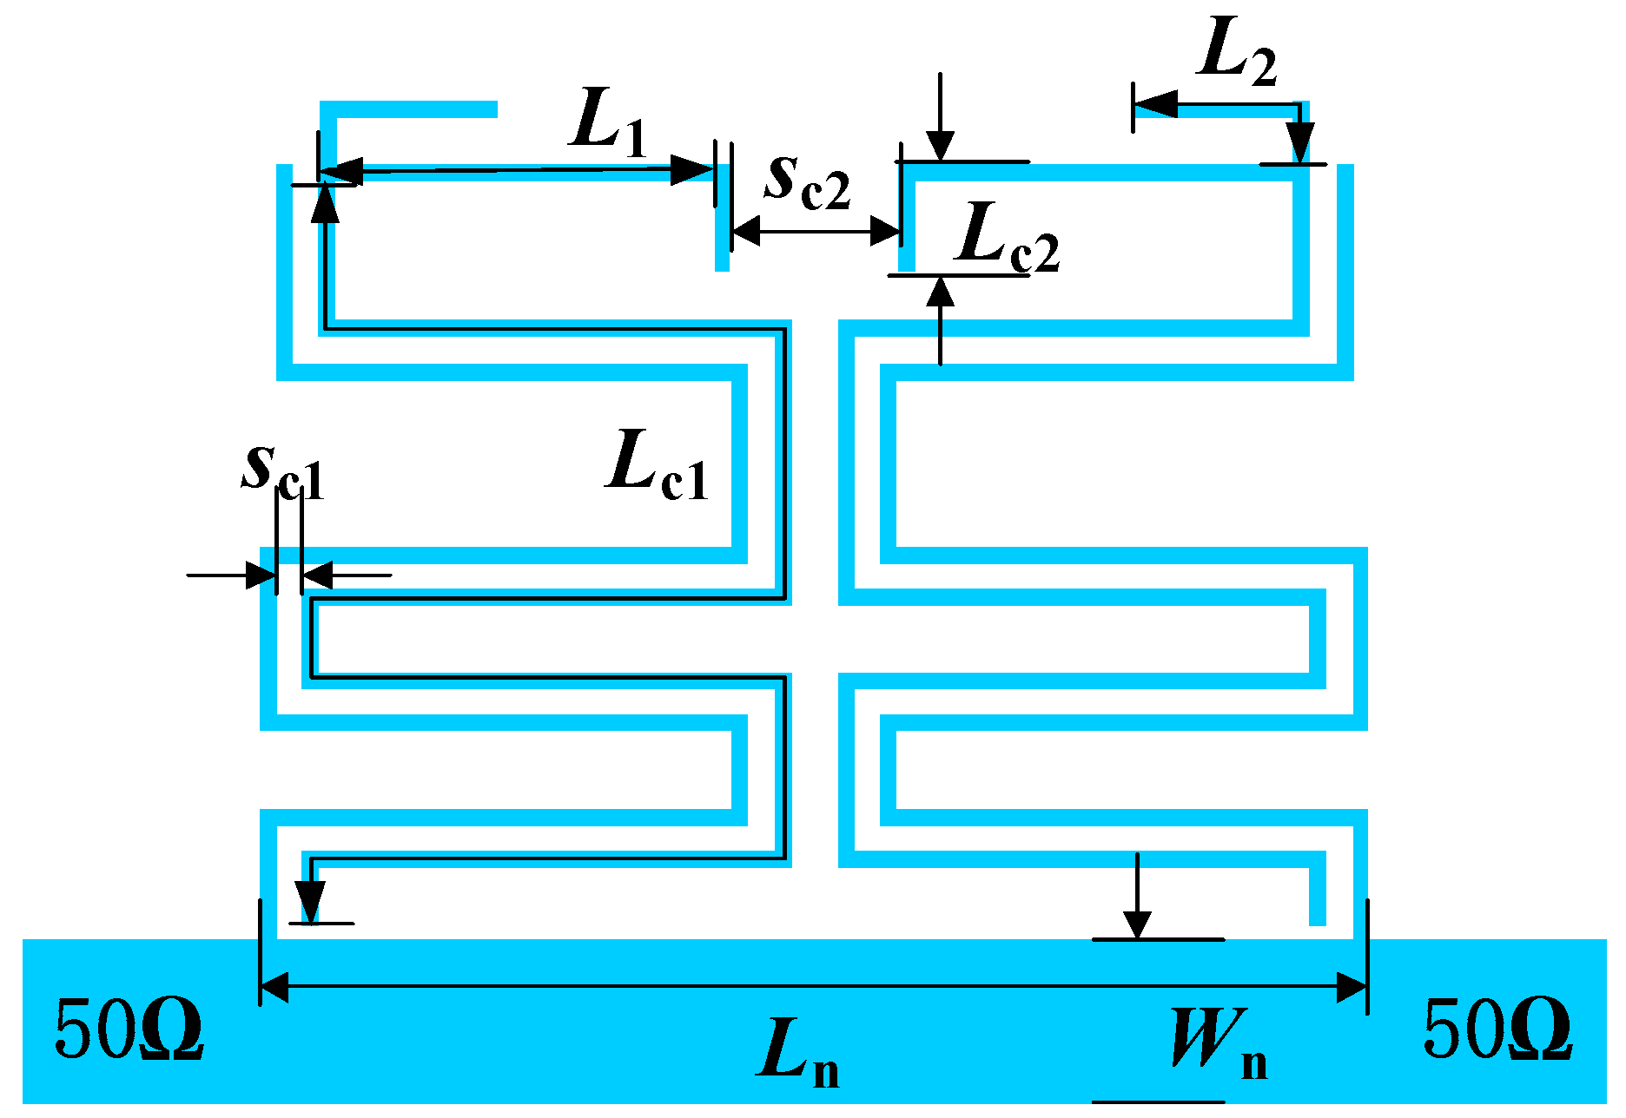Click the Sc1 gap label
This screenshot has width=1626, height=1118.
283,472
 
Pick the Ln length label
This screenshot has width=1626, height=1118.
797,1052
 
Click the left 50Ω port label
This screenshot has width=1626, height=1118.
129,1029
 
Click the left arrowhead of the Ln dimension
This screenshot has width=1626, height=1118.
274,987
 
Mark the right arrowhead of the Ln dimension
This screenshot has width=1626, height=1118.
1352,987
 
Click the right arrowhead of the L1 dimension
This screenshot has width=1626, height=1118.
693,169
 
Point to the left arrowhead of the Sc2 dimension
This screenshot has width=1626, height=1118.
746,231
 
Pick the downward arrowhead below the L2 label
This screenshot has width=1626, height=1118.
1300,141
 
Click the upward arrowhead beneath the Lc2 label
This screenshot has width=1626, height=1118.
940,292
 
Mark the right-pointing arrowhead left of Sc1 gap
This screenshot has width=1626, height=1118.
261,575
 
